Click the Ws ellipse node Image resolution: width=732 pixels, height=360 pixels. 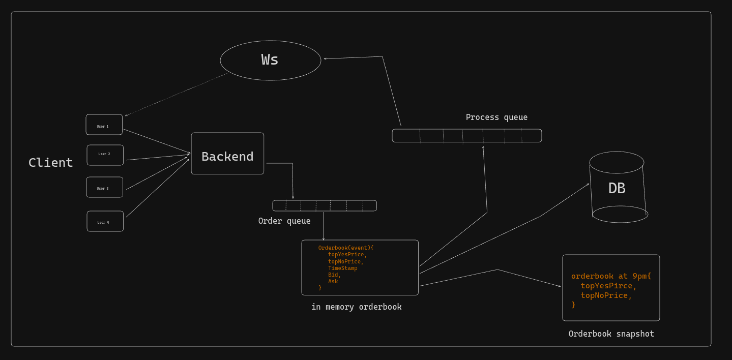(x=270, y=61)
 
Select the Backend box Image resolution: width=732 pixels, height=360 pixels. (x=227, y=154)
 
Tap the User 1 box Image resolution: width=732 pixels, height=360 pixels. (x=104, y=125)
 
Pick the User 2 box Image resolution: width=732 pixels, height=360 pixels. (x=105, y=155)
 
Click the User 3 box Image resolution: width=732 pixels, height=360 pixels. (x=104, y=187)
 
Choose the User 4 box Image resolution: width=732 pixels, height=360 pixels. (x=105, y=221)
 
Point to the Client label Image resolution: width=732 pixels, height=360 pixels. (x=50, y=163)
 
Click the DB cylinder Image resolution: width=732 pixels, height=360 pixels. (x=618, y=188)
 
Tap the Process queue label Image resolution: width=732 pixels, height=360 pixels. (x=496, y=117)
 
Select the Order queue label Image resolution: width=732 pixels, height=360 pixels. (x=284, y=221)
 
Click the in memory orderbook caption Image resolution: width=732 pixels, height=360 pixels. (x=356, y=307)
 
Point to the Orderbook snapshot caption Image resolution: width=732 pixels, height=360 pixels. (x=611, y=334)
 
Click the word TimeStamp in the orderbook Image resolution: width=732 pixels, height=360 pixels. (x=342, y=268)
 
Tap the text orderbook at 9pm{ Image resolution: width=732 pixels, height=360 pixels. (x=610, y=276)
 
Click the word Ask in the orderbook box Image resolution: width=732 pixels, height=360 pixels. (x=333, y=281)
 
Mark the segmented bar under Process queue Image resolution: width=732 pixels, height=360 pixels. (x=466, y=136)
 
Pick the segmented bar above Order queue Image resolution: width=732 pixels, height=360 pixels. (x=325, y=205)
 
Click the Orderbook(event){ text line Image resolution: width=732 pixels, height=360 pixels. (x=345, y=248)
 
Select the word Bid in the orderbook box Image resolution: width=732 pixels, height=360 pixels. (x=334, y=275)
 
